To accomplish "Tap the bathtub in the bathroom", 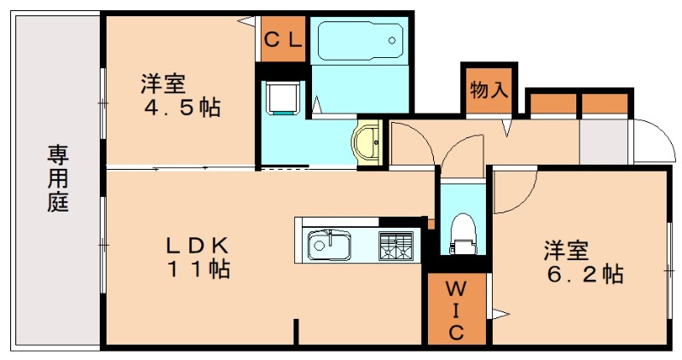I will [360, 40].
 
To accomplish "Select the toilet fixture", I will [461, 233].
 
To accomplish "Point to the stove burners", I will [395, 245].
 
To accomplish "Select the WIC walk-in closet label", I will [455, 309].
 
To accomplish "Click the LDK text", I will [196, 246].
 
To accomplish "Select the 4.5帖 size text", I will [182, 108].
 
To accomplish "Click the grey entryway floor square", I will [603, 141].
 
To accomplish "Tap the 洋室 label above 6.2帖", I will [566, 251].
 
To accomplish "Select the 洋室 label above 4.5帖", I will [164, 84].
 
